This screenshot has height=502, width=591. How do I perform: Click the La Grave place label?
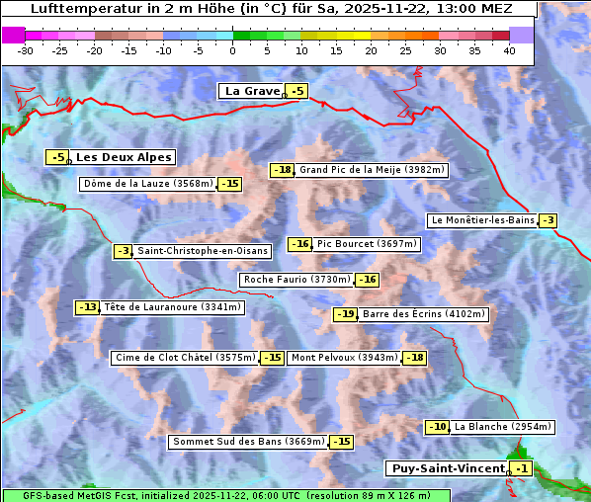tap(252, 91)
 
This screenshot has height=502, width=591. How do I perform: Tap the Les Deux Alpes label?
tap(124, 157)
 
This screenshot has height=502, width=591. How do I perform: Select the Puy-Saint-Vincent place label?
tap(446, 468)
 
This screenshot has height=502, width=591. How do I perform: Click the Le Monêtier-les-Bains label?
tap(481, 220)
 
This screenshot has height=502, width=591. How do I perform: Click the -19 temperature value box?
tap(346, 314)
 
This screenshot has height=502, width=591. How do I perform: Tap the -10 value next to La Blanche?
tap(437, 427)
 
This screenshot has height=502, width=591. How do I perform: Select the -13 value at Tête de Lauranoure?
tap(88, 307)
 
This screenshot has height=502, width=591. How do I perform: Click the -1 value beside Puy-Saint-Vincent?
tap(522, 468)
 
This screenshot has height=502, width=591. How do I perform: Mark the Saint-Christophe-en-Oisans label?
tap(202, 251)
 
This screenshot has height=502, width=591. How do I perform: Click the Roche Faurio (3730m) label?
tap(296, 280)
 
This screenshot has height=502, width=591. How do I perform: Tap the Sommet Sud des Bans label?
tap(248, 442)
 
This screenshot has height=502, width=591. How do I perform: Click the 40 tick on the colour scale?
tap(509, 49)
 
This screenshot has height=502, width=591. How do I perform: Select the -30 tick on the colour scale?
tap(26, 49)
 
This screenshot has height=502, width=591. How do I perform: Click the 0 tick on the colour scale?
tap(232, 49)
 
